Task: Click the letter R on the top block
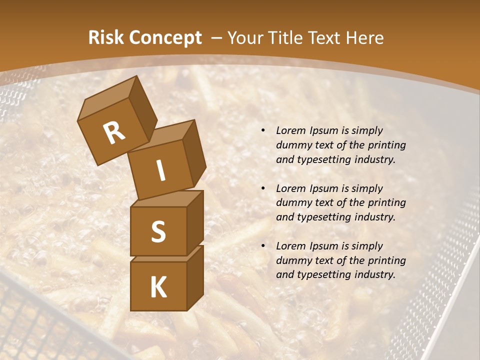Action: [114, 133]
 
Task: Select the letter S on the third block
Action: [158, 231]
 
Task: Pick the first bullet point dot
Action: [263, 130]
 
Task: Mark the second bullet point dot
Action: [263, 188]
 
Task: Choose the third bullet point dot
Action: [263, 246]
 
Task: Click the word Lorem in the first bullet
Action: [290, 130]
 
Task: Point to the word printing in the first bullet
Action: [386, 145]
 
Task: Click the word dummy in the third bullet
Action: [292, 260]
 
